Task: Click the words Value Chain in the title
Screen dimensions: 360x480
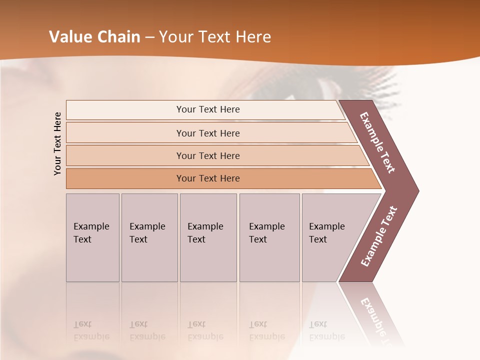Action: click(x=94, y=37)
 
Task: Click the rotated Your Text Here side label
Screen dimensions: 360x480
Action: click(x=57, y=143)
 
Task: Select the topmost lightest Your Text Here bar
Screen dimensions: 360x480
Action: click(x=207, y=109)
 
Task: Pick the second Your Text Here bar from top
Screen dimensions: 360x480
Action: click(x=207, y=133)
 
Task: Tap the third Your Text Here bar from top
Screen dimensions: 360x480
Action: click(x=207, y=155)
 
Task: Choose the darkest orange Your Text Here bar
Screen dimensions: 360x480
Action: click(x=207, y=178)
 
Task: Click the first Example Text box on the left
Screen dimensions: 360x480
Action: click(x=92, y=237)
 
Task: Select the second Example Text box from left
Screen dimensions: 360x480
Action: click(x=149, y=237)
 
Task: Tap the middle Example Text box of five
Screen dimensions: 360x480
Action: click(x=208, y=237)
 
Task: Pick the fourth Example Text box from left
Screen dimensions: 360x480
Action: click(x=269, y=237)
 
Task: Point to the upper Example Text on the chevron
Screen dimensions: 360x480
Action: click(x=378, y=142)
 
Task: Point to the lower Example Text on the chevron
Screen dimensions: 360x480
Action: click(x=379, y=236)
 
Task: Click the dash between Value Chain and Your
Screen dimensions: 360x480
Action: click(x=149, y=37)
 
